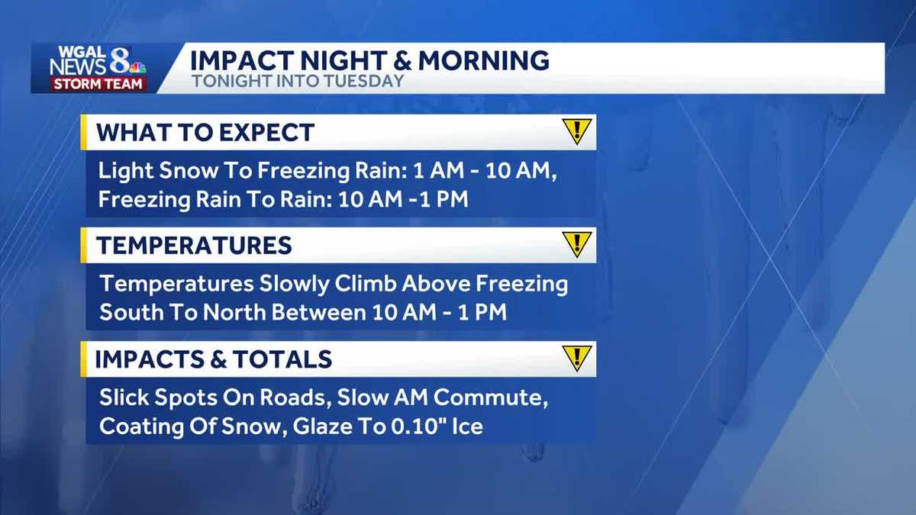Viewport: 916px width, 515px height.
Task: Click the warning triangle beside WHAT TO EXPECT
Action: pyautogui.click(x=577, y=131)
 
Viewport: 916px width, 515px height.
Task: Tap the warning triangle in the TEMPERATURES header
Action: pyautogui.click(x=577, y=244)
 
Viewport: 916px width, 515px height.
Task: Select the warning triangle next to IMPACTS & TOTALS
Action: pyautogui.click(x=577, y=358)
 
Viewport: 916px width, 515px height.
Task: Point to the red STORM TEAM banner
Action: pyautogui.click(x=98, y=84)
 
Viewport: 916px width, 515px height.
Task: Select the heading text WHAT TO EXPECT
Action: pyautogui.click(x=205, y=132)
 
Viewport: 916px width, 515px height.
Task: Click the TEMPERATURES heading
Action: pyautogui.click(x=194, y=245)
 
